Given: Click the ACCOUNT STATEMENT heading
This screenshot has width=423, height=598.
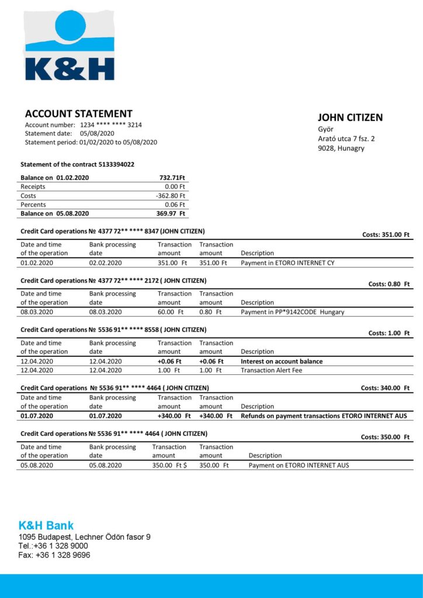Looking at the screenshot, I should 78,114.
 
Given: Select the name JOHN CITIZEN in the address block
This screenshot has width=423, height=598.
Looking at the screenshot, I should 350,117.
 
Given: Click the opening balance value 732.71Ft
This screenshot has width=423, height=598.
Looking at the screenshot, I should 172,178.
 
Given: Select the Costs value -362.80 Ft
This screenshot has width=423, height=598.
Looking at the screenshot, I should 171,196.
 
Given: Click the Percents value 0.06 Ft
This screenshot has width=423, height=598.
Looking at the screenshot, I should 175,205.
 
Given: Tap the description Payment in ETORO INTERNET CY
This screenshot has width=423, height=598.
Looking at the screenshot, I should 287,263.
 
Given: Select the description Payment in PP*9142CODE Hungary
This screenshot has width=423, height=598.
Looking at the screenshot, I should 292,312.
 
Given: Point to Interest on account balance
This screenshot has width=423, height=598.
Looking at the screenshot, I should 282,361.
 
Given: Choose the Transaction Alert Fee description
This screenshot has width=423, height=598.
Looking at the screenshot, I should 271,370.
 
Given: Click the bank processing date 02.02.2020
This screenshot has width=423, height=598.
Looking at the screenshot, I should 106,263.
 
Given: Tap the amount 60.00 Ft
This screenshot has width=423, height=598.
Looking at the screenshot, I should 171,312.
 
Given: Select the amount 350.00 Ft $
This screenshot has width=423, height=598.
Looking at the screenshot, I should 169,465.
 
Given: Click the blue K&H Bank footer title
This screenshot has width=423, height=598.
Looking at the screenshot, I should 46,525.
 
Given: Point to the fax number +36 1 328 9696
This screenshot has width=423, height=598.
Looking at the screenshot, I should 63,555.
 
